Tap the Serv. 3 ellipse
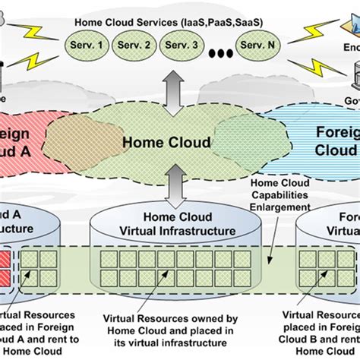182,45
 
